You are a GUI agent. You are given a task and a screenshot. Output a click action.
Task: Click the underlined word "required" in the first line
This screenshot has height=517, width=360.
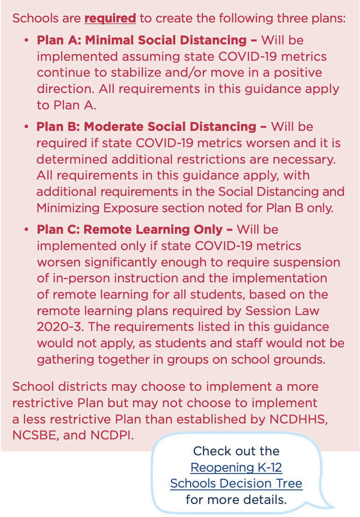(x=110, y=19)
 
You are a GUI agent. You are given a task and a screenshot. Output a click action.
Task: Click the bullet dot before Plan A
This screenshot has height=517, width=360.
(x=27, y=41)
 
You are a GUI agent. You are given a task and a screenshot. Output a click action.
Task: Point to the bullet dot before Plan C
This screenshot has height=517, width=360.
(x=27, y=230)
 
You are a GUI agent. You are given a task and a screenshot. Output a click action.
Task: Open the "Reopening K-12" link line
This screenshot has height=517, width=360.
(x=236, y=467)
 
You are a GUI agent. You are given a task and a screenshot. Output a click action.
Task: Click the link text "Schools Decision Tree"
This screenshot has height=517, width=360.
(x=236, y=483)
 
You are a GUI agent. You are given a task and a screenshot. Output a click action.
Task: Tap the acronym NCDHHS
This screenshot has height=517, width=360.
(x=298, y=419)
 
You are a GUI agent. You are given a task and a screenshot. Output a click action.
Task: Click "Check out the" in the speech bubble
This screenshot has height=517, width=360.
(x=236, y=451)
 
